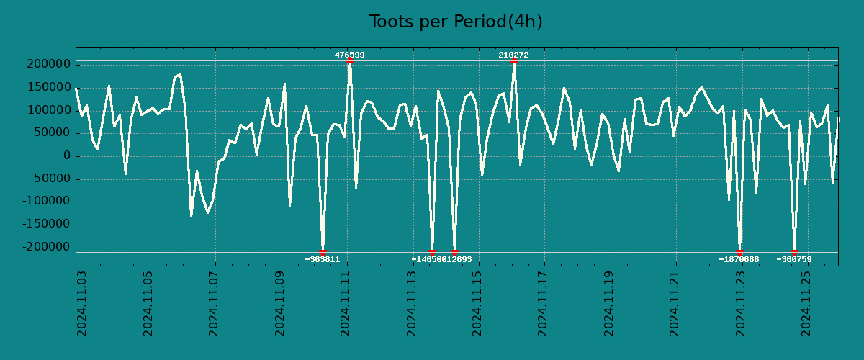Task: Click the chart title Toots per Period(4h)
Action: coord(456,22)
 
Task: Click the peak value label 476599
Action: coord(349,55)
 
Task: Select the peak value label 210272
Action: coord(513,55)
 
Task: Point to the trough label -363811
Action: coord(322,259)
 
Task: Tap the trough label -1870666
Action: coord(739,259)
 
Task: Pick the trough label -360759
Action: coord(793,259)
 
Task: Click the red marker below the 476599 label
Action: coord(350,61)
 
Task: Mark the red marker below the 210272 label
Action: coord(514,61)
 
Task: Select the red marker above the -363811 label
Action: coord(323,252)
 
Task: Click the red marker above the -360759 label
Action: coord(794,252)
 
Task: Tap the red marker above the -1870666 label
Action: coord(739,252)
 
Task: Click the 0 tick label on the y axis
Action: coord(66,156)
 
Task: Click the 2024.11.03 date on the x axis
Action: coord(82,303)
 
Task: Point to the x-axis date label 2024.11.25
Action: coord(809,303)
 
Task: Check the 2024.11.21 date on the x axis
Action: coord(677,303)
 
